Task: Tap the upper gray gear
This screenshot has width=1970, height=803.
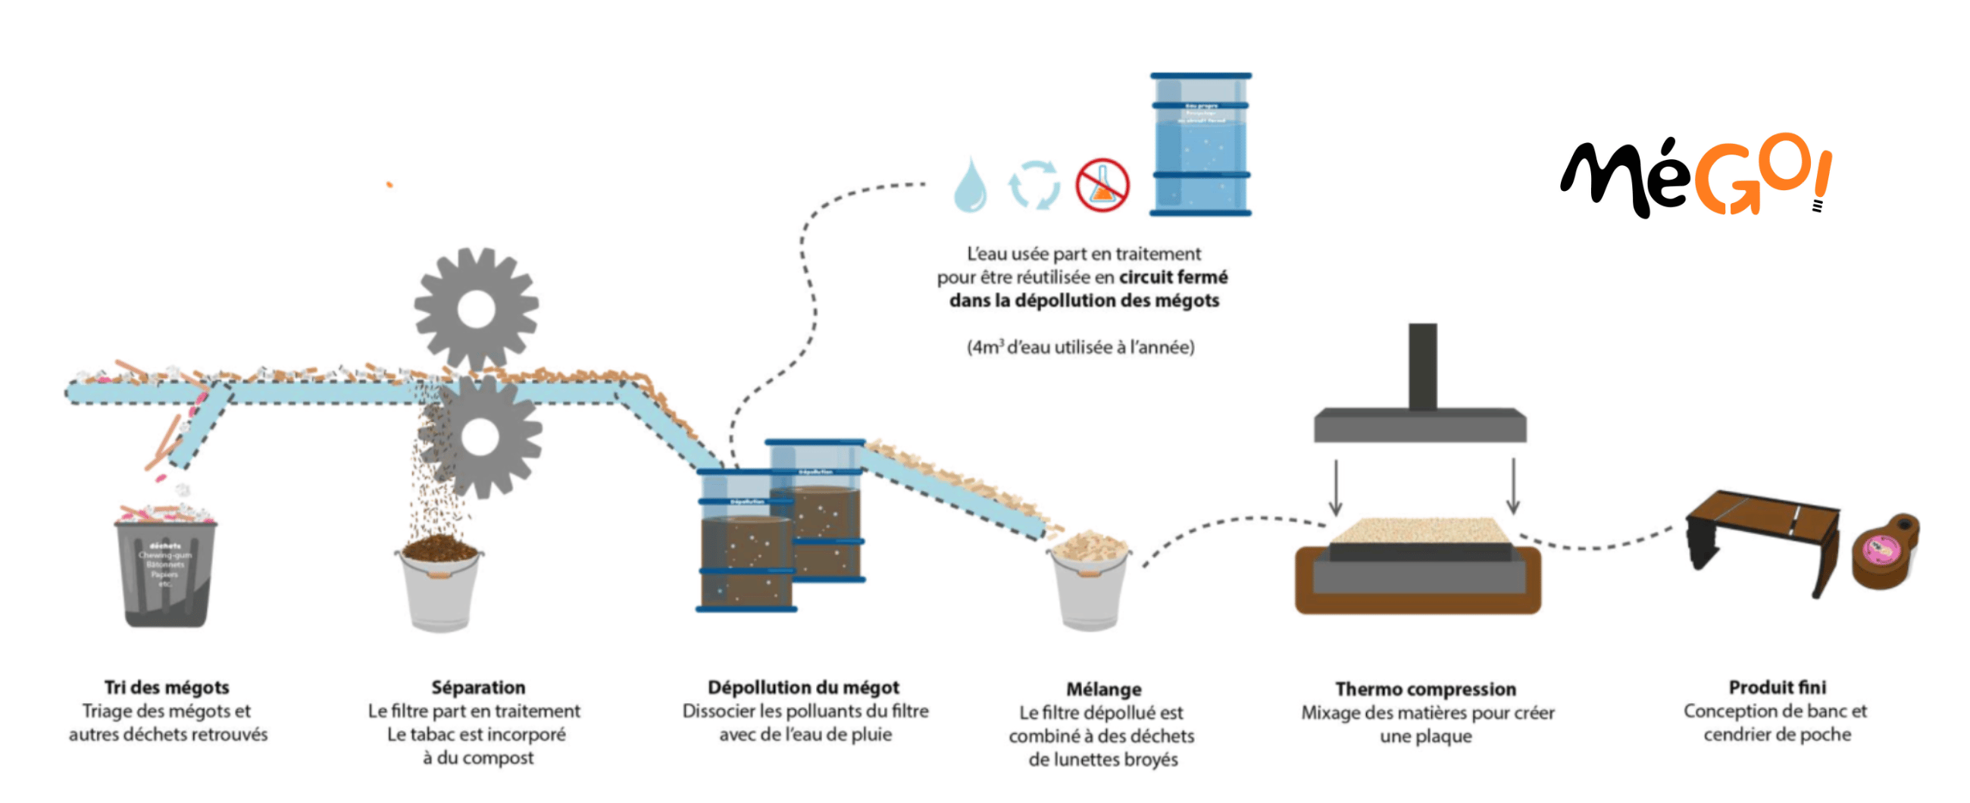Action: point(477,308)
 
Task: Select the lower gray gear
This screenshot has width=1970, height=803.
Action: point(481,436)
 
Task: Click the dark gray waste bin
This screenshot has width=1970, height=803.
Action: point(165,573)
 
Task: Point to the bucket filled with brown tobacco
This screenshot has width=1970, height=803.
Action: point(440,585)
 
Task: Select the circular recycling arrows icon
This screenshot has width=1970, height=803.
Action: point(1034,184)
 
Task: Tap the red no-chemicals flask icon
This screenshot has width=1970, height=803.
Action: point(1102,185)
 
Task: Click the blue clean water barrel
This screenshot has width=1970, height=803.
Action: point(1201,145)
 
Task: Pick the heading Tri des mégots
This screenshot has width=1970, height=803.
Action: point(167,687)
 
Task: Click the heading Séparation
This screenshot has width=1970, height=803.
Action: point(478,687)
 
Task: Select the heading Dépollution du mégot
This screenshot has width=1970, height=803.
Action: point(803,687)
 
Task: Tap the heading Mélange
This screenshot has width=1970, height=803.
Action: point(1103,689)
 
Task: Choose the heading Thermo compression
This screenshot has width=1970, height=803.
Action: point(1425,689)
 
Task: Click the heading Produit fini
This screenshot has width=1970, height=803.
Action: point(1778,687)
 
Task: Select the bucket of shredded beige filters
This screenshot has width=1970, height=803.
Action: point(1090,585)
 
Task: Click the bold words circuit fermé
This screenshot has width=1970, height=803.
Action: point(1173,277)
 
